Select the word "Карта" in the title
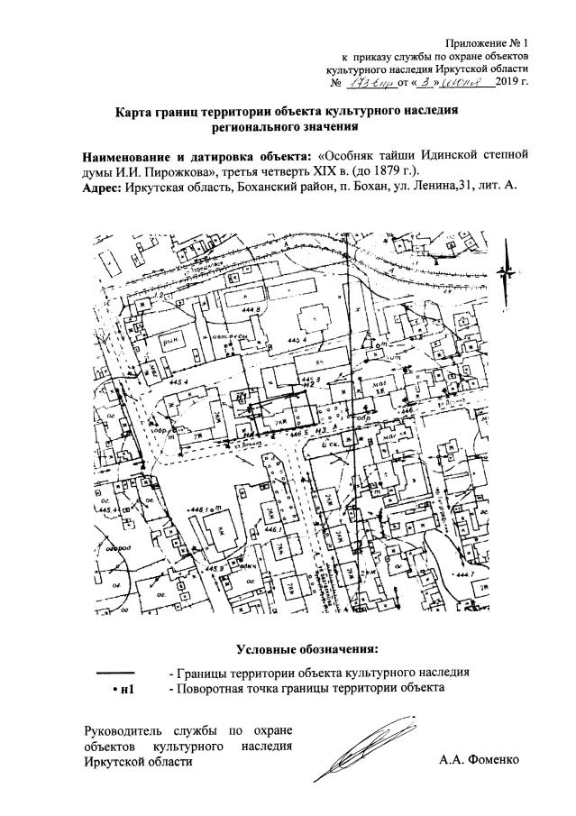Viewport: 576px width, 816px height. (x=135, y=113)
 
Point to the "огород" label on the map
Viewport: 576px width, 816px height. (x=114, y=546)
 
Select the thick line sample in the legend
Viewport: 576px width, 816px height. (x=114, y=673)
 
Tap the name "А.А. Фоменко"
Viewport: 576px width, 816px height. (x=480, y=761)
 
